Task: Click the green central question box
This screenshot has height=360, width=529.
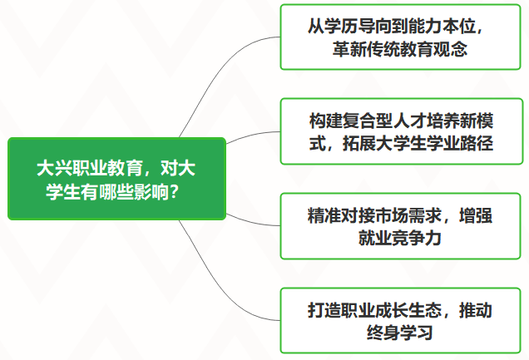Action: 116,179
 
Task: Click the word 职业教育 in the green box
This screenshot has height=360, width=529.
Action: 107,168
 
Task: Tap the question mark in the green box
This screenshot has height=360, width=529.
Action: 173,192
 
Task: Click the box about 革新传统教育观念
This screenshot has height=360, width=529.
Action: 400,37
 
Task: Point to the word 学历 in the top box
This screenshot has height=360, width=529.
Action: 341,27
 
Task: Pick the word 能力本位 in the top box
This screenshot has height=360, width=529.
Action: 442,27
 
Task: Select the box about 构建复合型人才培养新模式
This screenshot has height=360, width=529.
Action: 400,131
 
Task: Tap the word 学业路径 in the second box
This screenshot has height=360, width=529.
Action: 459,143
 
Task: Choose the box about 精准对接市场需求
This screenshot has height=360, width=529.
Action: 400,226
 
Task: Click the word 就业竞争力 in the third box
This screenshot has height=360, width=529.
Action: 400,238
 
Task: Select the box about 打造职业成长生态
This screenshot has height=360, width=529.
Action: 400,321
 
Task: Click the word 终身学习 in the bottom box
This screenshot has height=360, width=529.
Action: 400,333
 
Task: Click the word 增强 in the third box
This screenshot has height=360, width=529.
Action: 476,215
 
